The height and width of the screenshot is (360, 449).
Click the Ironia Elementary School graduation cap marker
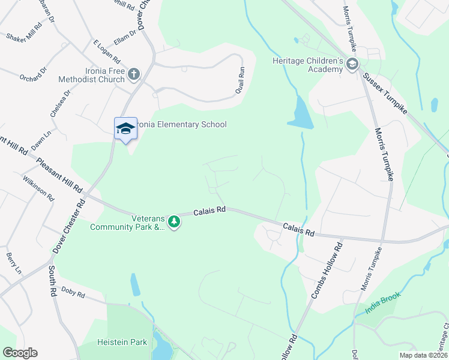click(x=125, y=128)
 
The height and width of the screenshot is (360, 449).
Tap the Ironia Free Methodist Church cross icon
click(x=133, y=74)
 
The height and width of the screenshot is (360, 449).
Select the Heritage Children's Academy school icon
click(x=352, y=65)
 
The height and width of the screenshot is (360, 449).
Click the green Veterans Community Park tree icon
click(x=174, y=222)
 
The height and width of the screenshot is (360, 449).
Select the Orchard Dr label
click(x=32, y=77)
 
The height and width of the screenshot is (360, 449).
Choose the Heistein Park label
click(x=122, y=343)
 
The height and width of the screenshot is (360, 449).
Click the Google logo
click(x=20, y=353)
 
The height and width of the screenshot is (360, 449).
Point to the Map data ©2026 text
click(x=424, y=355)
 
